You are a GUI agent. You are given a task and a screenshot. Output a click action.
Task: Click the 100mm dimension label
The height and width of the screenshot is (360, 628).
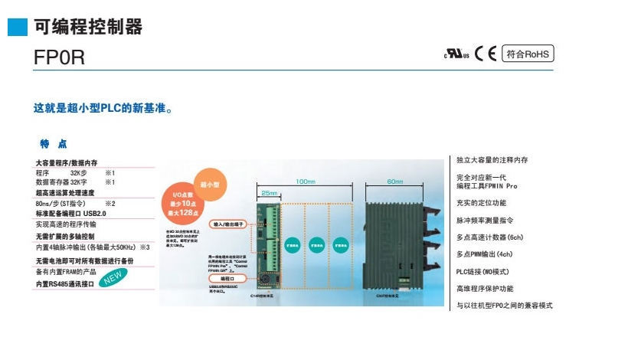(305, 182)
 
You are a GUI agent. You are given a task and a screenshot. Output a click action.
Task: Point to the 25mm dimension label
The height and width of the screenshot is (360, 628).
(269, 193)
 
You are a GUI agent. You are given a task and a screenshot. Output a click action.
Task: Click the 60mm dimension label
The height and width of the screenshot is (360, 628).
(395, 182)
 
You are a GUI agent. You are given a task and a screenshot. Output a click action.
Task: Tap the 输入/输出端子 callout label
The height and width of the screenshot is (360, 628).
(228, 224)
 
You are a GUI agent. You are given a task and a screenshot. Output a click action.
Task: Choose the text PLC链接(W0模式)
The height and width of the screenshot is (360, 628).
(487, 271)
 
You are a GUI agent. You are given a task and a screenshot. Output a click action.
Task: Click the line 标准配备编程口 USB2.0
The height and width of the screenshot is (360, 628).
(70, 214)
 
